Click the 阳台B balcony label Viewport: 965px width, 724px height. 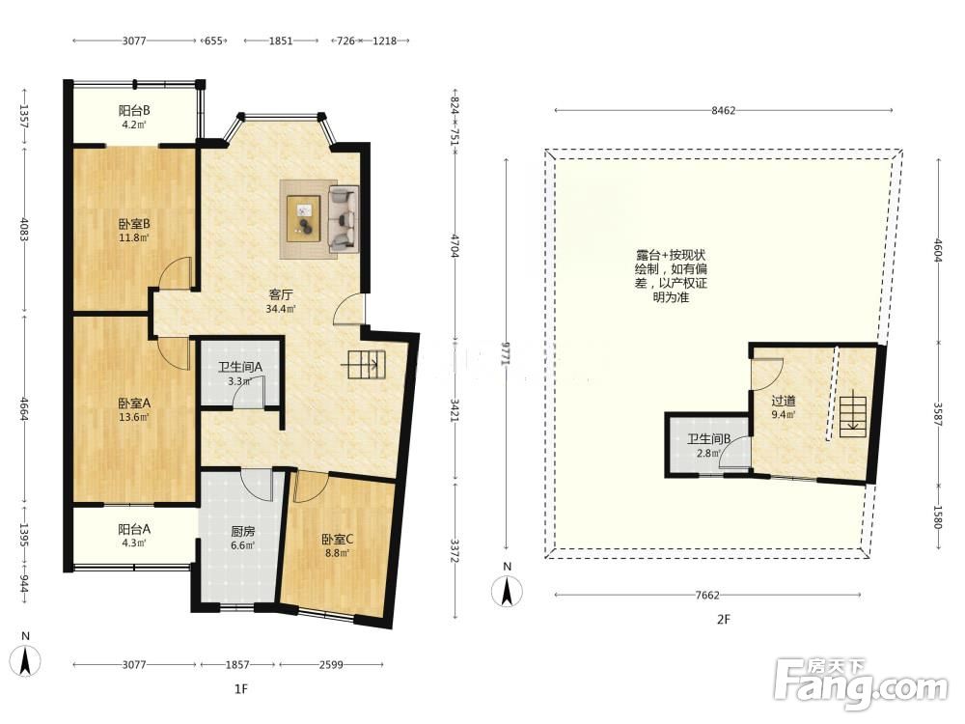tap(134, 111)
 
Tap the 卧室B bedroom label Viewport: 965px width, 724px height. tap(134, 224)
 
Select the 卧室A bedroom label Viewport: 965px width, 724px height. tap(134, 404)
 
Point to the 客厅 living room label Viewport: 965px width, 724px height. tap(280, 294)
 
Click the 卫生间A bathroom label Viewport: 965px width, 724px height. tap(240, 367)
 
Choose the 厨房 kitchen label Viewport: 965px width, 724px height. tap(242, 531)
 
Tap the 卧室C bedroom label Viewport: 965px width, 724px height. tap(337, 540)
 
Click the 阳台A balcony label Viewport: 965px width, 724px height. tap(134, 529)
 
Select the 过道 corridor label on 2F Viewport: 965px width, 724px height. tap(784, 401)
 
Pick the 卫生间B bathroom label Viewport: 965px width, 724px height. tap(709, 439)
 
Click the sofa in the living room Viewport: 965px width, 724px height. tap(345, 218)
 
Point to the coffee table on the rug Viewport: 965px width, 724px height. tap(304, 218)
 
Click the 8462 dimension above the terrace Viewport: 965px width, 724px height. tap(723, 111)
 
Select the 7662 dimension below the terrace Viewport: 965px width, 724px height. tap(707, 595)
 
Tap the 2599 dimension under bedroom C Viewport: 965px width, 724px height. tap(331, 665)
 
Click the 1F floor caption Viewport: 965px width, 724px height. tap(241, 689)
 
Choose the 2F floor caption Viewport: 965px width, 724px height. tap(723, 620)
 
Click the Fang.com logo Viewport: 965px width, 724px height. tap(862, 683)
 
